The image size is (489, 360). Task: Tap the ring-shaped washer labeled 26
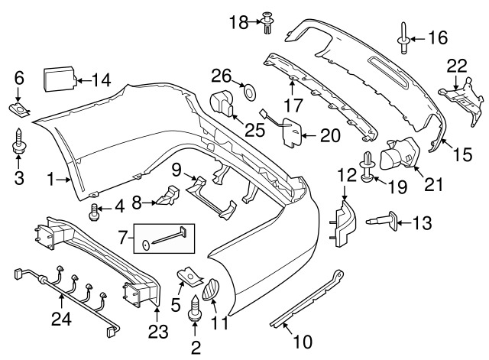click(x=250, y=92)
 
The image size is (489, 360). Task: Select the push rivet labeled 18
click(x=268, y=22)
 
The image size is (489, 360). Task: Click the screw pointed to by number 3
click(x=18, y=141)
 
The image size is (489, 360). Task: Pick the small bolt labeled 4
click(x=94, y=212)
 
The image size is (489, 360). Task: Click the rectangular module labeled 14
click(x=60, y=79)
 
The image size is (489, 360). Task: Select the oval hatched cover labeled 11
click(x=211, y=289)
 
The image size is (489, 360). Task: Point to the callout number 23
click(x=158, y=332)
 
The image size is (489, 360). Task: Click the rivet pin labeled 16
click(x=403, y=38)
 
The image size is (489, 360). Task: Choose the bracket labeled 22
click(x=462, y=102)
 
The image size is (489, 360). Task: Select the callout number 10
click(x=303, y=342)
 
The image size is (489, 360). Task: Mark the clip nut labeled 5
click(x=189, y=277)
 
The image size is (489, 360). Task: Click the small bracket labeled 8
click(x=168, y=195)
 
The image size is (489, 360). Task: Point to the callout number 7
click(x=123, y=238)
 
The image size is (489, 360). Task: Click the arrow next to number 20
click(x=309, y=136)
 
